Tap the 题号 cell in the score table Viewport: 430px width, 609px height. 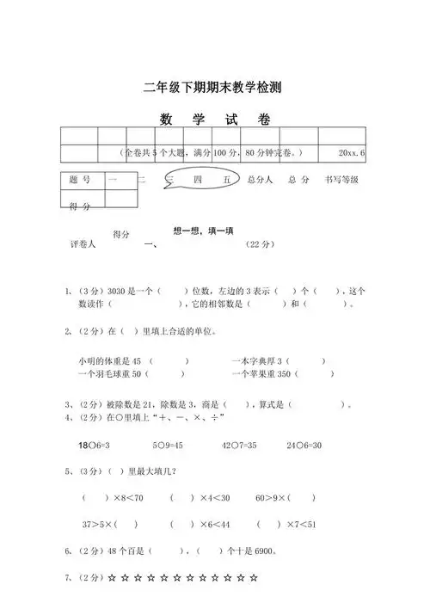tap(79, 180)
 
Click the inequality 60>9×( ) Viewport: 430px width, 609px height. tap(285, 497)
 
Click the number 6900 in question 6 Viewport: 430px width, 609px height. tap(273, 551)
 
